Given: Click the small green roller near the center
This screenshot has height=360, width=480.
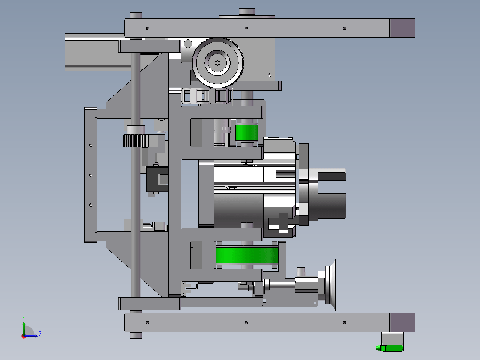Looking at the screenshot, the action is click(247, 133).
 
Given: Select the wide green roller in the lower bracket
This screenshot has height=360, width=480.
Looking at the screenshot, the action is click(247, 255).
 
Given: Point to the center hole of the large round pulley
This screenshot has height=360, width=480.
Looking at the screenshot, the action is click(217, 63).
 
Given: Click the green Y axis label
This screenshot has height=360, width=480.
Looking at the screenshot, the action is click(24, 318).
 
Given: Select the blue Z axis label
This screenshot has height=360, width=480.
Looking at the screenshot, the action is click(40, 334).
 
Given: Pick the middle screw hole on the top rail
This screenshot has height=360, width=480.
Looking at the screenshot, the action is click(246, 29).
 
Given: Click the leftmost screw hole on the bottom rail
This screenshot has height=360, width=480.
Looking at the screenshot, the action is click(148, 322).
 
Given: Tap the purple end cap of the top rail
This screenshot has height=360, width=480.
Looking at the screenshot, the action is click(403, 28).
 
